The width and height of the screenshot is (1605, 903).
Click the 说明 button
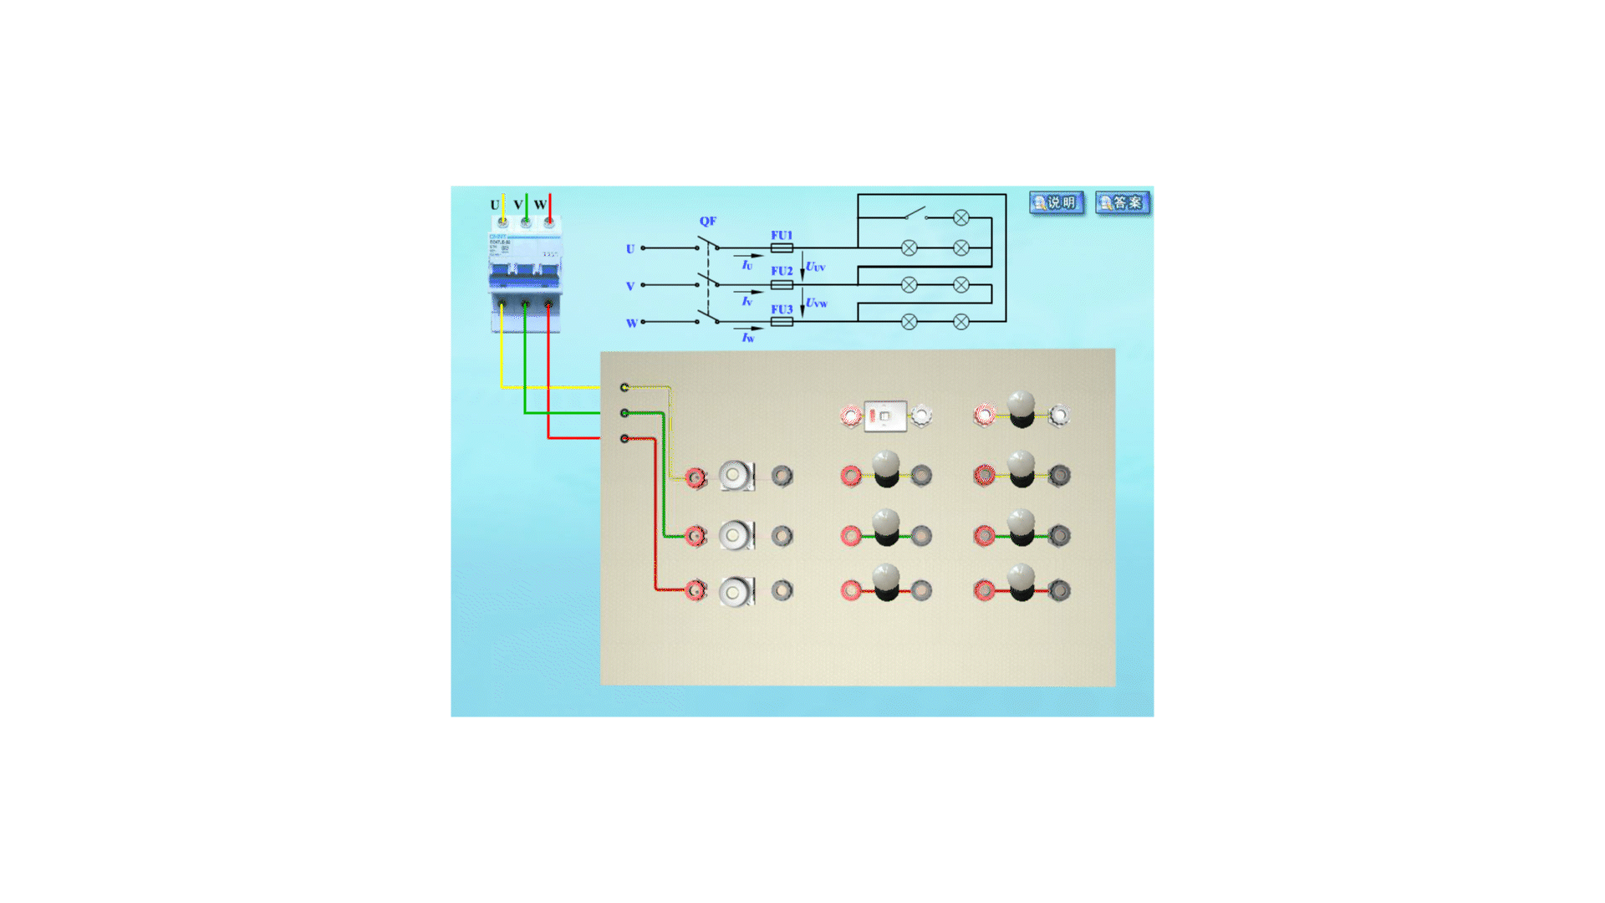pyautogui.click(x=1057, y=202)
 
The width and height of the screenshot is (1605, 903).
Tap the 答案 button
pyautogui.click(x=1122, y=202)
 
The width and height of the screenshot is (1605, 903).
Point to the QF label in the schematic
pyautogui.click(x=707, y=221)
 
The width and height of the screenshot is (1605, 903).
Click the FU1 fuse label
pyautogui.click(x=782, y=235)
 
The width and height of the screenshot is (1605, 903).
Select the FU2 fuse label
pyautogui.click(x=782, y=271)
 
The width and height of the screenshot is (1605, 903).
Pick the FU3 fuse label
pyautogui.click(x=782, y=309)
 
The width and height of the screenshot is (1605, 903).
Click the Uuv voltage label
pyautogui.click(x=815, y=267)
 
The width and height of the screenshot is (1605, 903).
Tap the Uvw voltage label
pyautogui.click(x=816, y=303)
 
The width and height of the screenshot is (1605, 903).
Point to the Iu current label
pyautogui.click(x=746, y=265)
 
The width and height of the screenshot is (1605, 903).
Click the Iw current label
pyautogui.click(x=747, y=338)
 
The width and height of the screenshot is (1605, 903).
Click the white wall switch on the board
pyautogui.click(x=885, y=416)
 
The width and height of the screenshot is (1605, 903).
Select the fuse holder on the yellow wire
pyautogui.click(x=736, y=476)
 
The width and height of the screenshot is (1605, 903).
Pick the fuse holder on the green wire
pyautogui.click(x=736, y=535)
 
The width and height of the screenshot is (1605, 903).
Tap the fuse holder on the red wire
pyautogui.click(x=736, y=591)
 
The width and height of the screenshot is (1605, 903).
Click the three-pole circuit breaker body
pyautogui.click(x=525, y=272)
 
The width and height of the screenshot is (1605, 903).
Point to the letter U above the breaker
pyautogui.click(x=494, y=205)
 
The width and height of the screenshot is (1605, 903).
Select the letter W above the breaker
pyautogui.click(x=540, y=205)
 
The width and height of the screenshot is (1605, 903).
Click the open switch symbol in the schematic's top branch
pyautogui.click(x=915, y=213)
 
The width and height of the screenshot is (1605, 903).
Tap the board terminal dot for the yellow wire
pyautogui.click(x=624, y=387)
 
